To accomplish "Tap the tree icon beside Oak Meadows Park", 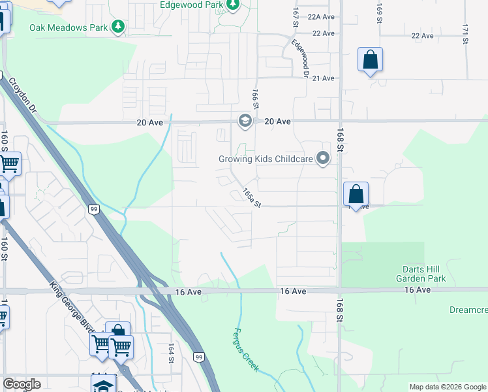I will pyautogui.click(x=118, y=27).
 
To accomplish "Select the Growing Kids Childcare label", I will pyautogui.click(x=265, y=158).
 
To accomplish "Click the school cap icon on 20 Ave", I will pyautogui.click(x=245, y=121).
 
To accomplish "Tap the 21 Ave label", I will pyautogui.click(x=324, y=78).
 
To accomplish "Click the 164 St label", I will pyautogui.click(x=171, y=353).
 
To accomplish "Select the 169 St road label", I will pyautogui.click(x=379, y=12).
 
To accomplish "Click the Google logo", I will pyautogui.click(x=22, y=384).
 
